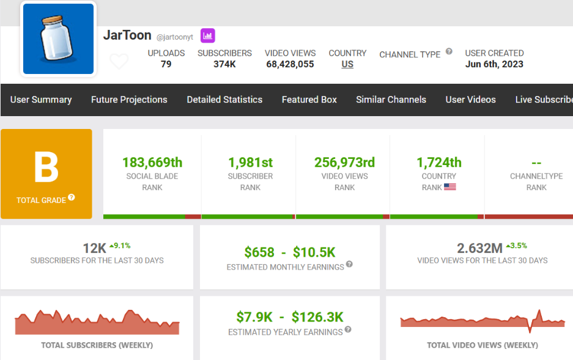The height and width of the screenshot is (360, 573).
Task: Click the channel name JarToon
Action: tap(127, 35)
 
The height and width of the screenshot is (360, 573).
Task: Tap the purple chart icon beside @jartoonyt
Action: tap(208, 35)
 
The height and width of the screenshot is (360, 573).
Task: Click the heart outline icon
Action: tap(119, 62)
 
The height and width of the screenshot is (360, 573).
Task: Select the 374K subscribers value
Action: tap(224, 64)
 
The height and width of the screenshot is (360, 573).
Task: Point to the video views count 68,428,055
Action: tap(290, 64)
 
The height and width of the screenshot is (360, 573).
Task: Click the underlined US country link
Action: tap(347, 64)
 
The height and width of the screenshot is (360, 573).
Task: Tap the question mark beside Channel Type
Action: tap(449, 52)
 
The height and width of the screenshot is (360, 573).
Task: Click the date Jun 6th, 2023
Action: tap(494, 64)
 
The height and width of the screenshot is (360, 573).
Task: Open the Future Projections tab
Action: tap(129, 100)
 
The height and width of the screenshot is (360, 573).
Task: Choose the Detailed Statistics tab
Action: tap(224, 100)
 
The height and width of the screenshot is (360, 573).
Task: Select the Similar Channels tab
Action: tap(391, 100)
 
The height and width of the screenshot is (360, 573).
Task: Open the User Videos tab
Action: tap(470, 100)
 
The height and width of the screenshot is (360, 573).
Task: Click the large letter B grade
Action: tap(46, 168)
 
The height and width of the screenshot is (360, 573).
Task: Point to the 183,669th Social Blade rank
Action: tap(152, 163)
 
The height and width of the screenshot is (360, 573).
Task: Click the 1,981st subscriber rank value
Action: tap(250, 163)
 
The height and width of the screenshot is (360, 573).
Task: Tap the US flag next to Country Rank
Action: tap(450, 187)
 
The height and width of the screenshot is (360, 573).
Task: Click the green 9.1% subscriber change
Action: tap(120, 246)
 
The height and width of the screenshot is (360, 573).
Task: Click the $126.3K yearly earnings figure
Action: tap(317, 317)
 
